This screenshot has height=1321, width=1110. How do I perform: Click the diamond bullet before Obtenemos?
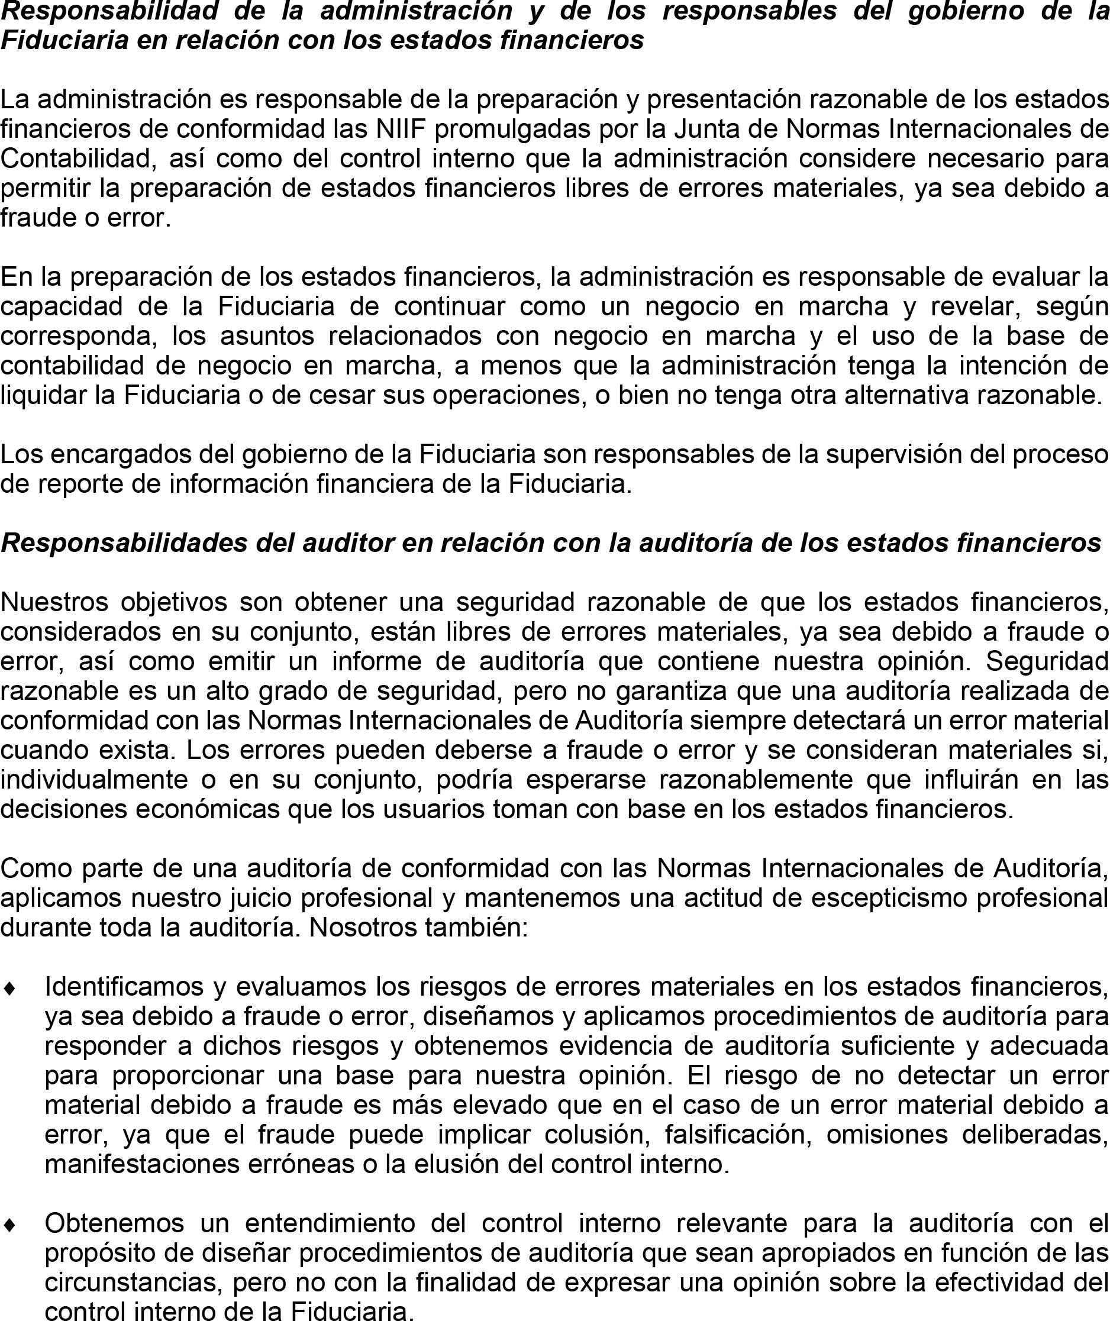(9, 1225)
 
